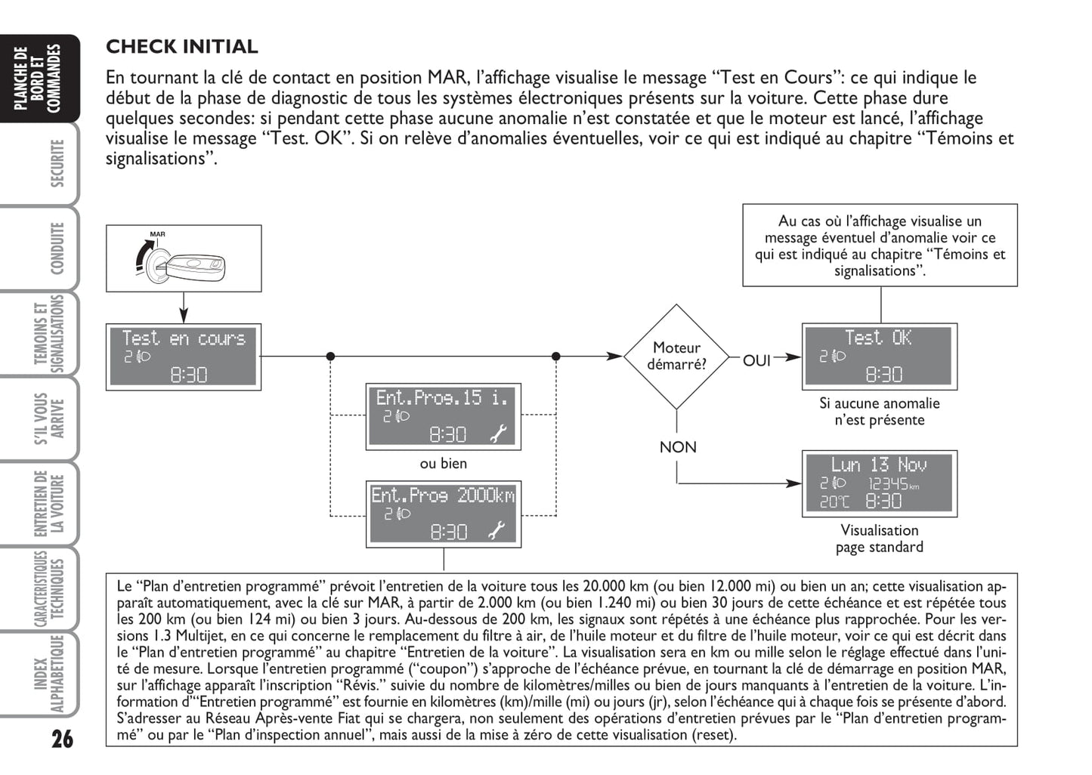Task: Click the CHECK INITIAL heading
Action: click(x=181, y=47)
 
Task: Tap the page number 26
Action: click(x=62, y=738)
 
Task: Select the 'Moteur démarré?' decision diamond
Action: click(x=676, y=357)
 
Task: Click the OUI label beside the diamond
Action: click(x=756, y=361)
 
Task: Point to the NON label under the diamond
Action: click(x=678, y=447)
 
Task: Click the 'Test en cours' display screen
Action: click(x=184, y=357)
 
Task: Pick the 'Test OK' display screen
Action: click(x=879, y=357)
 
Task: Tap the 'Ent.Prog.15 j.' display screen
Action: click(x=443, y=416)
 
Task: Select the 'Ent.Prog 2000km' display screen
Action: click(x=443, y=514)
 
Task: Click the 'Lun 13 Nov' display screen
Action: click(x=879, y=483)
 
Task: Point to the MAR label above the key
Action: click(x=157, y=234)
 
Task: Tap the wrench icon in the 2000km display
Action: click(x=497, y=531)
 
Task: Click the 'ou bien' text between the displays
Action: click(x=444, y=464)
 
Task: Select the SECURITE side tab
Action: click(x=57, y=163)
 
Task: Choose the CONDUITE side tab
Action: click(x=57, y=249)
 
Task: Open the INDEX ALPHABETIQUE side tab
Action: click(x=50, y=674)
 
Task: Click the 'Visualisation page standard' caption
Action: click(x=879, y=539)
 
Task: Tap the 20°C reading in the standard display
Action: click(x=834, y=502)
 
